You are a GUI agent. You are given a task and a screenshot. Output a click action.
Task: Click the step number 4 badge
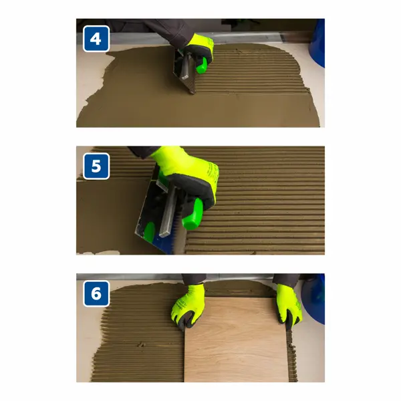tap(96, 39)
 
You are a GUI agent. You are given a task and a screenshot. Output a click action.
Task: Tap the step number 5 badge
tap(96, 166)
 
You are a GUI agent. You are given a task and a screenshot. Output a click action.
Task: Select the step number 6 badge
tap(96, 293)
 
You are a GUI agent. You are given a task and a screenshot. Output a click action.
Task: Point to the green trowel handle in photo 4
tap(202, 65)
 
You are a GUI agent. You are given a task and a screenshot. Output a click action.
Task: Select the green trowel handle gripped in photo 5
tap(192, 215)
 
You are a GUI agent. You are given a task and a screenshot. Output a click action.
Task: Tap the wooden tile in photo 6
tap(236, 340)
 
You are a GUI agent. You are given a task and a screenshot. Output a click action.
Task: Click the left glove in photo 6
tap(188, 305)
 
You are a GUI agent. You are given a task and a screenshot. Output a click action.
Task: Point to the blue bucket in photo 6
tap(314, 299)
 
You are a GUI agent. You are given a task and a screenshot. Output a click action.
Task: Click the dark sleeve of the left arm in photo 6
tap(193, 279)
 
